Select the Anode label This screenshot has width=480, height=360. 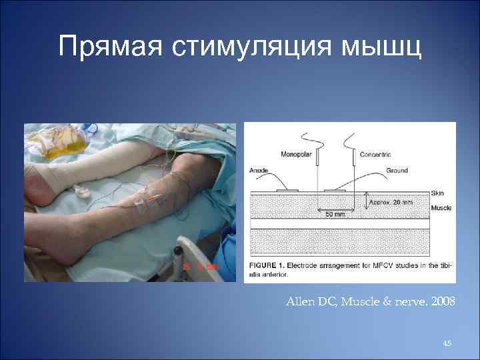[x=259, y=171]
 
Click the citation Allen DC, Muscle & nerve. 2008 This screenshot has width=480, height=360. [x=371, y=302]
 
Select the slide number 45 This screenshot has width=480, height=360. [x=447, y=343]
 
